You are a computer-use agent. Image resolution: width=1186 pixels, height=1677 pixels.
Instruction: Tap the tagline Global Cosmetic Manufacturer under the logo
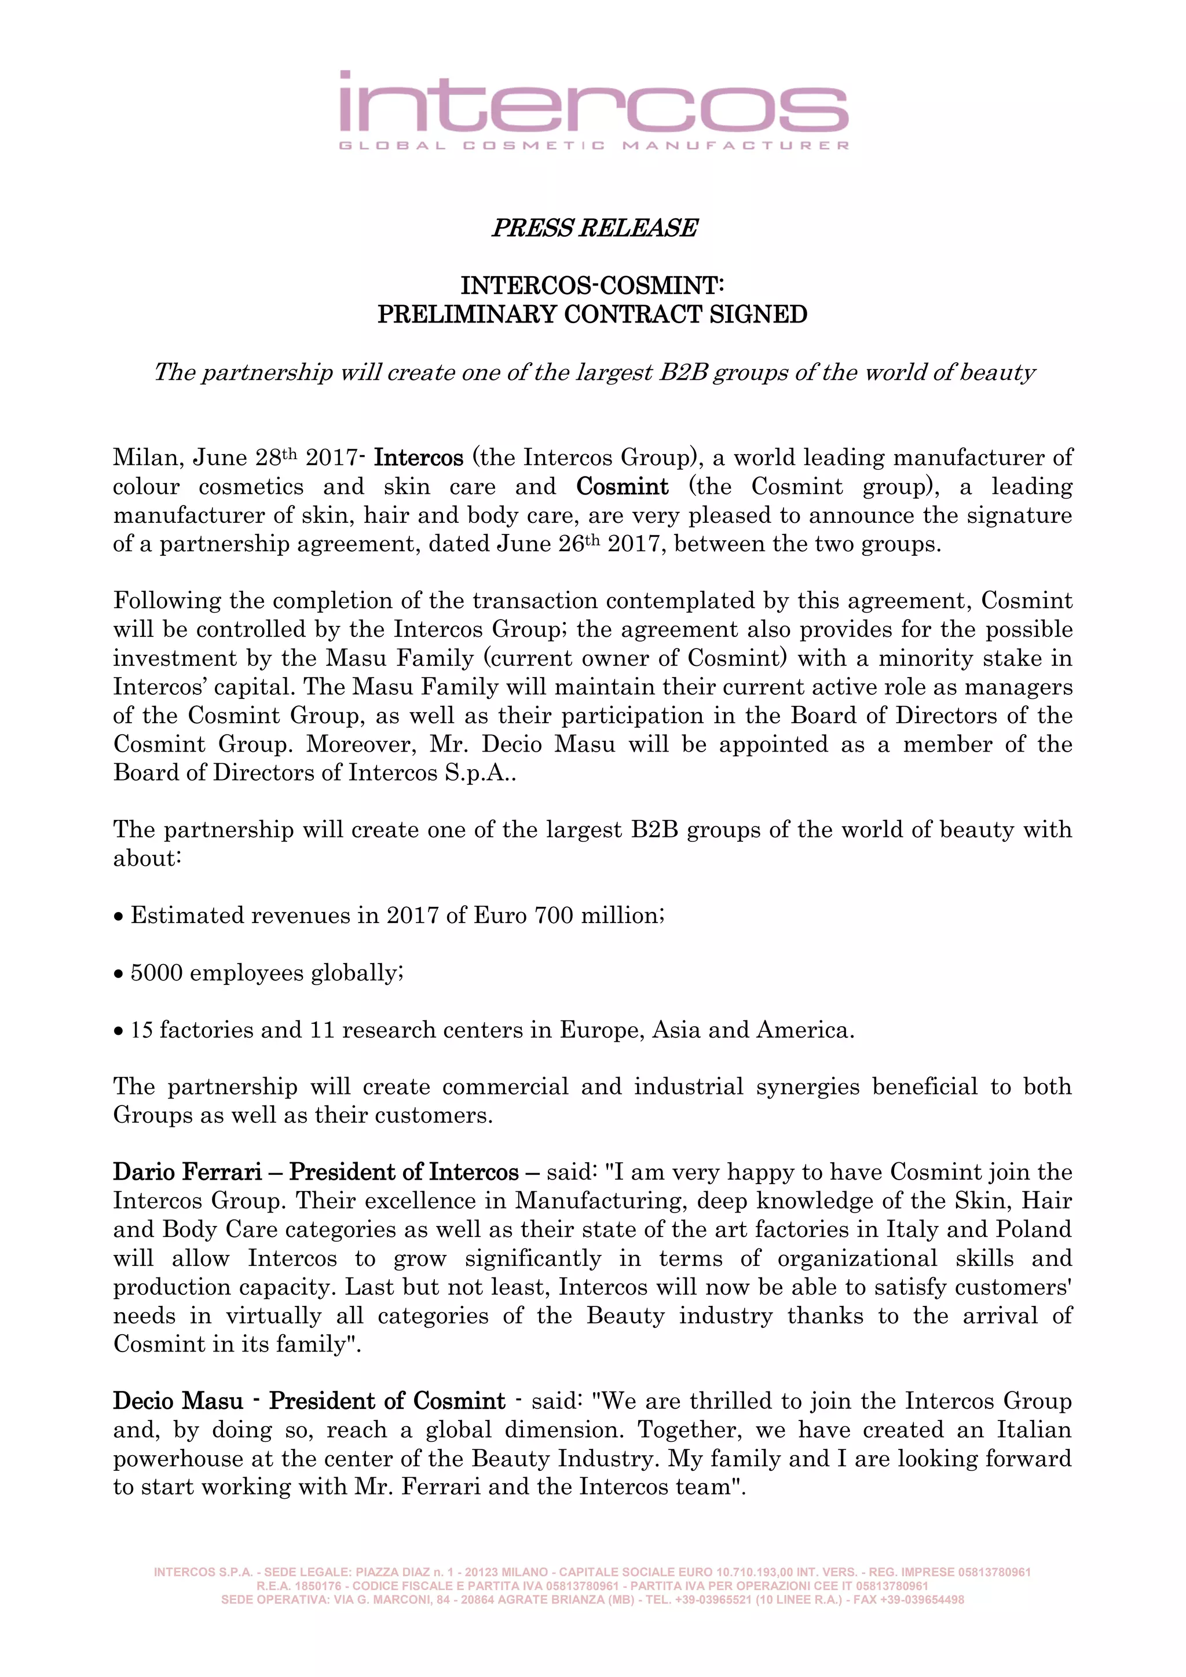click(593, 145)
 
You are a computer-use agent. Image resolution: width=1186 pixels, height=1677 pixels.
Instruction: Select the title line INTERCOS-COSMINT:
click(592, 285)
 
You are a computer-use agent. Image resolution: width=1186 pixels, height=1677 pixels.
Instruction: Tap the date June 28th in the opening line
click(244, 458)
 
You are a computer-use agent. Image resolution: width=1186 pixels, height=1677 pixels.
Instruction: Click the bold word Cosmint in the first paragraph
click(622, 486)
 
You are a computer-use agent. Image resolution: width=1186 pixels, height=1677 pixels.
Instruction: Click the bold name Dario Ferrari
click(187, 1172)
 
